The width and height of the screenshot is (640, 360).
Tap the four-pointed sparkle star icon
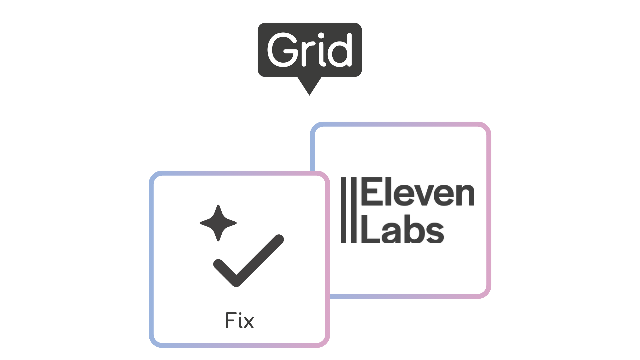(218, 223)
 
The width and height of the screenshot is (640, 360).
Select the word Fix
(240, 321)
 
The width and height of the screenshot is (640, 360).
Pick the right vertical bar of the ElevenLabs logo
(354, 210)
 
